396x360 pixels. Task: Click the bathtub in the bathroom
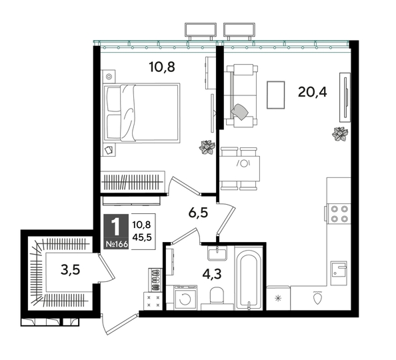[x=249, y=279]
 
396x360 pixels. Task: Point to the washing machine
[x=183, y=298]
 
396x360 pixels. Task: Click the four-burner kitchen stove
[x=339, y=212]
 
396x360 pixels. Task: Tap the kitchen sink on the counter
[x=339, y=270]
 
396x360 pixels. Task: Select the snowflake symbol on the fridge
[x=278, y=298]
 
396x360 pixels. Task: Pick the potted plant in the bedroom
[x=206, y=147]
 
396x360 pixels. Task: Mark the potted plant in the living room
[x=340, y=134]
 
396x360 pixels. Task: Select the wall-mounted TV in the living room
[x=345, y=98]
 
